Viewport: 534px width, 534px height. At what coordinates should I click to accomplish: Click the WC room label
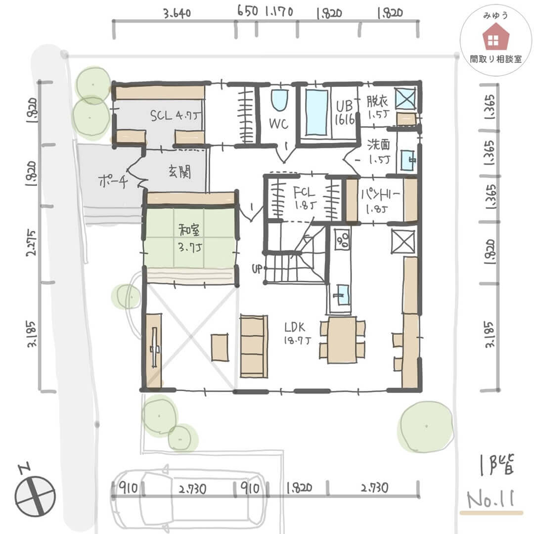pos(278,123)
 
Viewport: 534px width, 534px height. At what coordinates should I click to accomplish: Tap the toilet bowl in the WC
pos(279,99)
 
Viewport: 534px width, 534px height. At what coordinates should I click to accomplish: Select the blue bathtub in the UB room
pos(316,112)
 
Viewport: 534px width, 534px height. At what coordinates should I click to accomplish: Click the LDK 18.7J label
pos(297,333)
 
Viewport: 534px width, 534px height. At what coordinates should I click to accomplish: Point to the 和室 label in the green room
pos(189,230)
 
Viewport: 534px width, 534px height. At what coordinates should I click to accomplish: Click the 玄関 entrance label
pos(180,173)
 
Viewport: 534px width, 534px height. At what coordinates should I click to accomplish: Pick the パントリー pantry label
pos(380,201)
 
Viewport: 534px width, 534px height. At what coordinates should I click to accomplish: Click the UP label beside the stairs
pos(257,268)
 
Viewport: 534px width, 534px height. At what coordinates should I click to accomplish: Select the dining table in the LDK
pos(342,340)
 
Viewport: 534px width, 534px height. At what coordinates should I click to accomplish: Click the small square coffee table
pos(220,348)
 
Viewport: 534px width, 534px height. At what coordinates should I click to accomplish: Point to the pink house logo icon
pos(495,37)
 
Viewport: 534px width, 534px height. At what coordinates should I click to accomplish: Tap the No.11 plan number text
pos(490,499)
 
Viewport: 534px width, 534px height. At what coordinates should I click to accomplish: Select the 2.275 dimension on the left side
pos(31,243)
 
